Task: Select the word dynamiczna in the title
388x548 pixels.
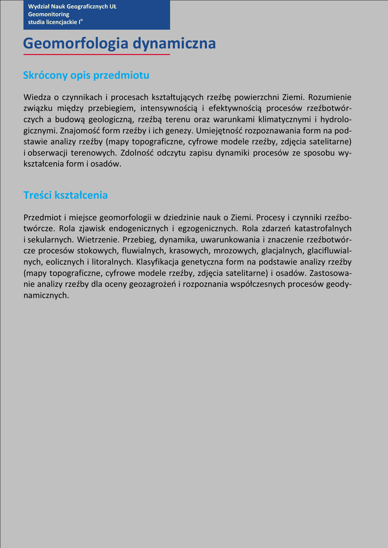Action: click(x=174, y=44)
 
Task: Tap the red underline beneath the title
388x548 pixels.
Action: click(x=96, y=55)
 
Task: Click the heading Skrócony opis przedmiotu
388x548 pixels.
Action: click(x=86, y=75)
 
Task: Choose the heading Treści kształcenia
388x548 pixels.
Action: click(x=65, y=195)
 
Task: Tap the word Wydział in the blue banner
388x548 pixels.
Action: click(x=40, y=6)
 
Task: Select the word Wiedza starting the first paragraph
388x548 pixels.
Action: click(x=36, y=97)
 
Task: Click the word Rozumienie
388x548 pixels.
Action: click(x=330, y=97)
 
